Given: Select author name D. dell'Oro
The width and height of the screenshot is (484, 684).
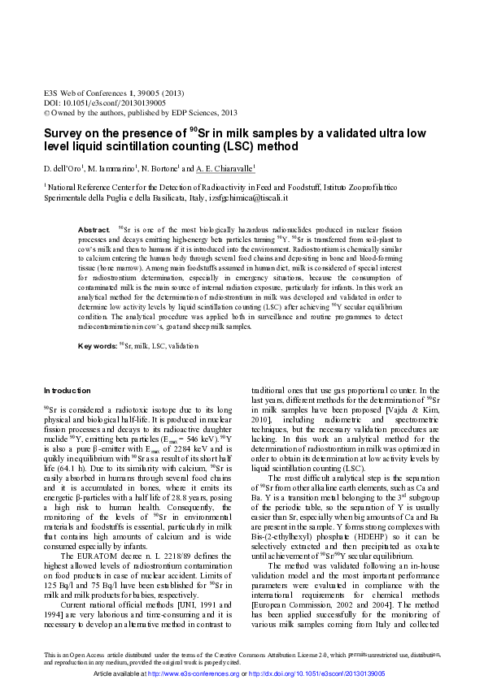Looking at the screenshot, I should point(65,169).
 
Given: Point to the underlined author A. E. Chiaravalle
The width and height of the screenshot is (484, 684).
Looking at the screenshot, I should point(225,169).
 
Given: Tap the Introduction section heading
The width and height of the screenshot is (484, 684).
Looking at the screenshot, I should point(68,391).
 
